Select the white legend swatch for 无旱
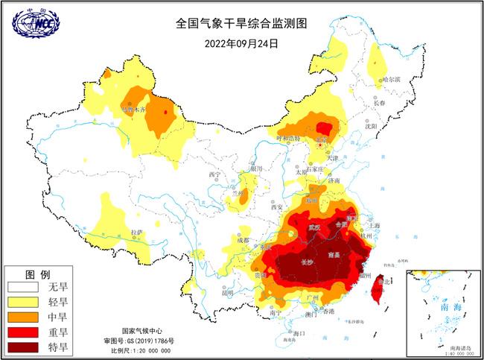point(25,285)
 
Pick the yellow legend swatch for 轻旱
point(25,301)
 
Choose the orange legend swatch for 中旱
point(25,316)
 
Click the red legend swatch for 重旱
point(25,332)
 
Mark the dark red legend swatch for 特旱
point(25,347)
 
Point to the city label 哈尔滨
point(391,79)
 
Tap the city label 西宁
point(215,174)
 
